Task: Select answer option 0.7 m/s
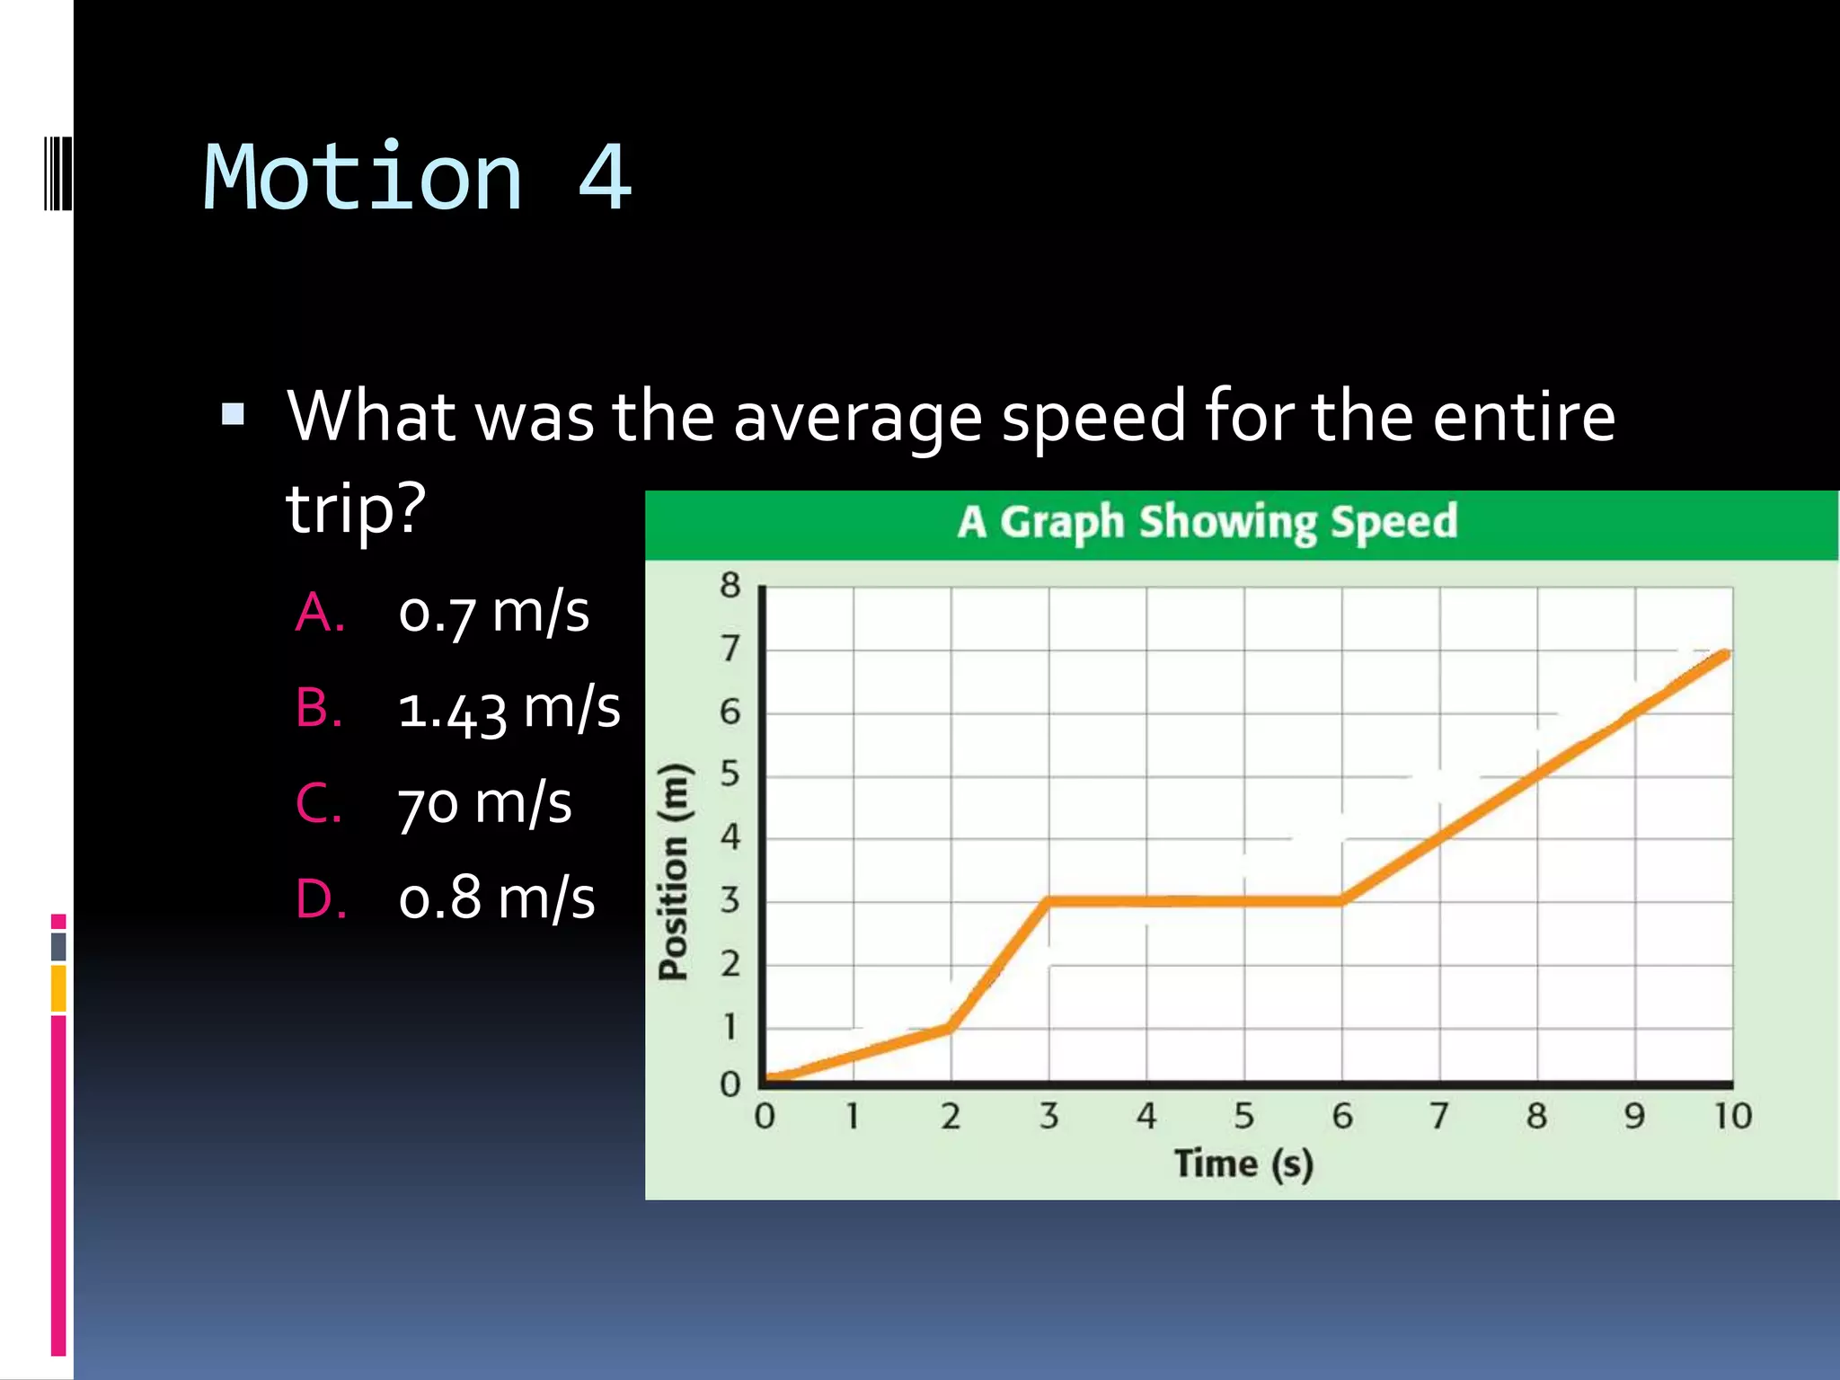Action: [x=493, y=613]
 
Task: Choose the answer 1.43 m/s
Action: [x=509, y=708]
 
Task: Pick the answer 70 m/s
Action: [x=484, y=802]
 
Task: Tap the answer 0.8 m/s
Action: [x=496, y=898]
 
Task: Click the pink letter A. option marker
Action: [x=320, y=613]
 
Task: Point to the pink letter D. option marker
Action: [x=321, y=898]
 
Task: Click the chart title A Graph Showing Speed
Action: [x=1207, y=523]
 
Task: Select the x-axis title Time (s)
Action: [x=1243, y=1163]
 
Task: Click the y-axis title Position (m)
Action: [x=674, y=871]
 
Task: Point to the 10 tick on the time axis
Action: [x=1732, y=1117]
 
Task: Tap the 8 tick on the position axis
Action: [x=730, y=586]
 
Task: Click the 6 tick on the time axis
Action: [x=1341, y=1117]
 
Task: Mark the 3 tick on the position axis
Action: [x=730, y=900]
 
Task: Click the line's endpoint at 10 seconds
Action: [x=1724, y=655]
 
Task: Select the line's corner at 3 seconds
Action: [x=1048, y=900]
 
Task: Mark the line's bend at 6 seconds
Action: [x=1341, y=899]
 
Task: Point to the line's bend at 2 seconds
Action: [x=951, y=1027]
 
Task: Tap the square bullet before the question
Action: [x=233, y=414]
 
